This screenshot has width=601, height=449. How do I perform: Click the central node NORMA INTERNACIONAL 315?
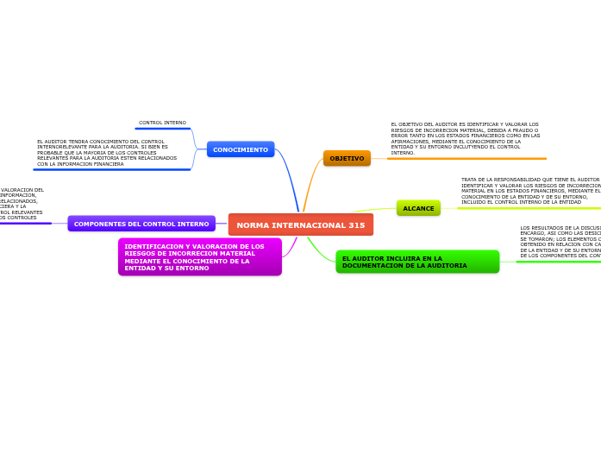pyautogui.click(x=300, y=224)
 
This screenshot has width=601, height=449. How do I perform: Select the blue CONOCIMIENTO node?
pyautogui.click(x=241, y=149)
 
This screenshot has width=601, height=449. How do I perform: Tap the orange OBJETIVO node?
pyautogui.click(x=347, y=158)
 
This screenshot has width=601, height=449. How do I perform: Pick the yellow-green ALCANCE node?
pyautogui.click(x=418, y=208)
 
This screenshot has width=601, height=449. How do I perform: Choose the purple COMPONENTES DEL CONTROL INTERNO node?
pyautogui.click(x=141, y=224)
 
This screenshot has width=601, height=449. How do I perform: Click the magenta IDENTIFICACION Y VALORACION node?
pyautogui.click(x=199, y=257)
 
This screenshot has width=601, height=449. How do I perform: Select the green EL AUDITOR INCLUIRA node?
pyautogui.click(x=417, y=262)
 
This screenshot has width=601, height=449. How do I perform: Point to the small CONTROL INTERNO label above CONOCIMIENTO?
pyautogui.click(x=162, y=123)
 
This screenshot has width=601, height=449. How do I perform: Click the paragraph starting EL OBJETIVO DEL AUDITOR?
pyautogui.click(x=466, y=138)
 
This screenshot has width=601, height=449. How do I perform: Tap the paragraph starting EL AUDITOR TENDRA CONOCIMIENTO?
pyautogui.click(x=107, y=152)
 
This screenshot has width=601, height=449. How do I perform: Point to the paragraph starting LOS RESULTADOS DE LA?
pyautogui.click(x=560, y=242)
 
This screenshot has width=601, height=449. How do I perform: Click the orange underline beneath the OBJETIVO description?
pyautogui.click(x=466, y=159)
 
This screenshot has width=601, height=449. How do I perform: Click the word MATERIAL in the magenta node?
pyautogui.click(x=235, y=254)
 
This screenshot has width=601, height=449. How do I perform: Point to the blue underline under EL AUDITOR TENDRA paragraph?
pyautogui.click(x=112, y=169)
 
